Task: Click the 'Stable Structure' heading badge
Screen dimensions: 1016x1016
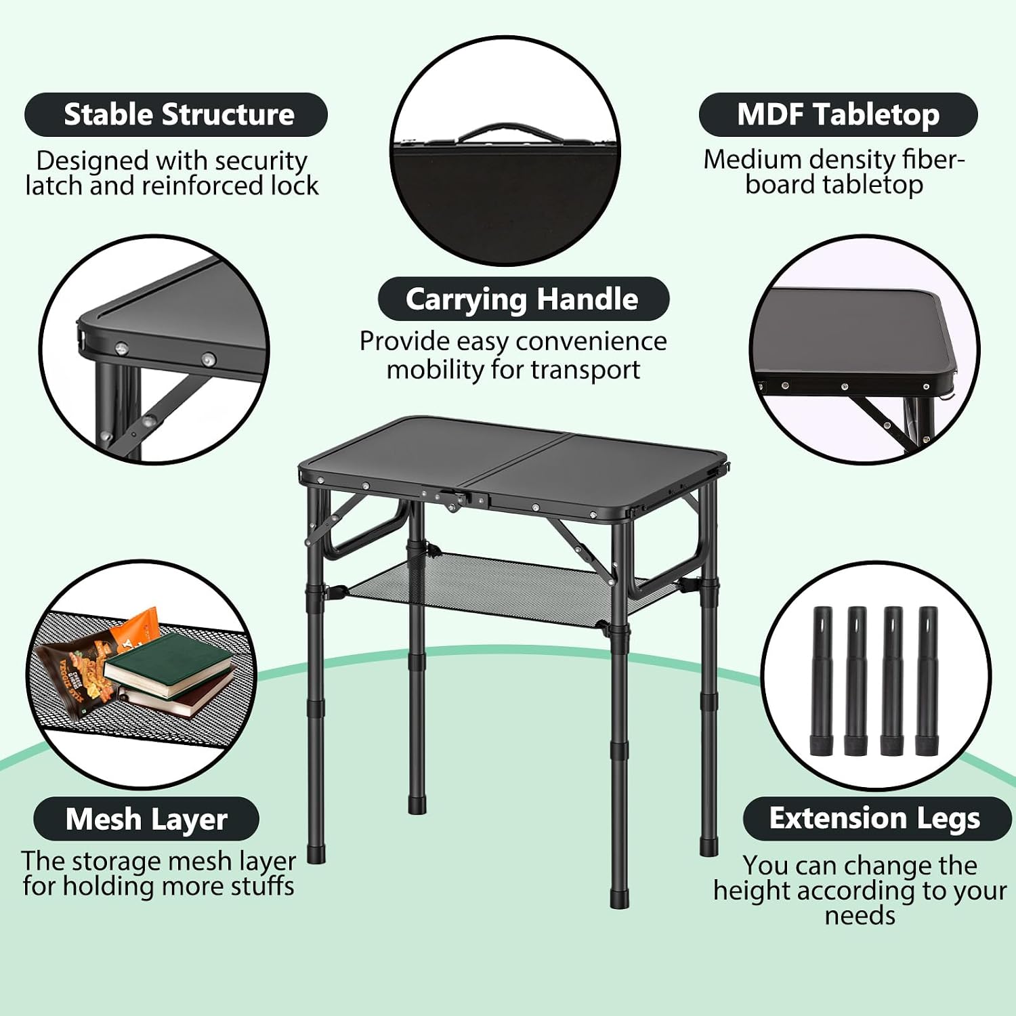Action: click(x=176, y=114)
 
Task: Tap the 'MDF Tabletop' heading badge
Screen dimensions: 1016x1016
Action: click(x=838, y=114)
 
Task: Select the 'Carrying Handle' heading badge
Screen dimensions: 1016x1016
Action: click(x=523, y=299)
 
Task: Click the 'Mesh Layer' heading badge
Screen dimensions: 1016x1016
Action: click(x=146, y=819)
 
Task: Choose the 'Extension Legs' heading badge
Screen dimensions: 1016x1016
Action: click(x=876, y=818)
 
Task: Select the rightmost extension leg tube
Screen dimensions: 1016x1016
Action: click(x=927, y=681)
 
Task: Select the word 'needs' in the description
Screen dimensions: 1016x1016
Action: click(x=860, y=916)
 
